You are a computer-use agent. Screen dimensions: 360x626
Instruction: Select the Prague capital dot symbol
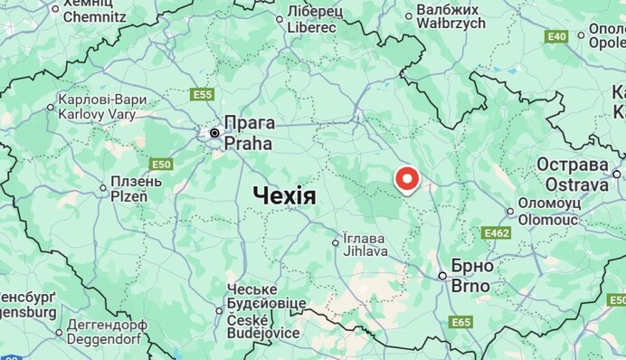coord(214,134)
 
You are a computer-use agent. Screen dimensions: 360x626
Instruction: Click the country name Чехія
coord(284,196)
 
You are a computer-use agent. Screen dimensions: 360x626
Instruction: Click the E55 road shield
coord(202,94)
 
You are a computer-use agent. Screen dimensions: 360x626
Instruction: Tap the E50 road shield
coord(161,164)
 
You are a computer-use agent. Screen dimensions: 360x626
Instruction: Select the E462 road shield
coord(497,232)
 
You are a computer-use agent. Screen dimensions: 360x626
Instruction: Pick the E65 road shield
coord(460,322)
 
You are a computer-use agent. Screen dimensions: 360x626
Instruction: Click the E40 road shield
coord(556,36)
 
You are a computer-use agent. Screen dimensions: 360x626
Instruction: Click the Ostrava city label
coord(572,185)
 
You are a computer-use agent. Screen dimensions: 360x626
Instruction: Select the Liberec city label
coord(311,27)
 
